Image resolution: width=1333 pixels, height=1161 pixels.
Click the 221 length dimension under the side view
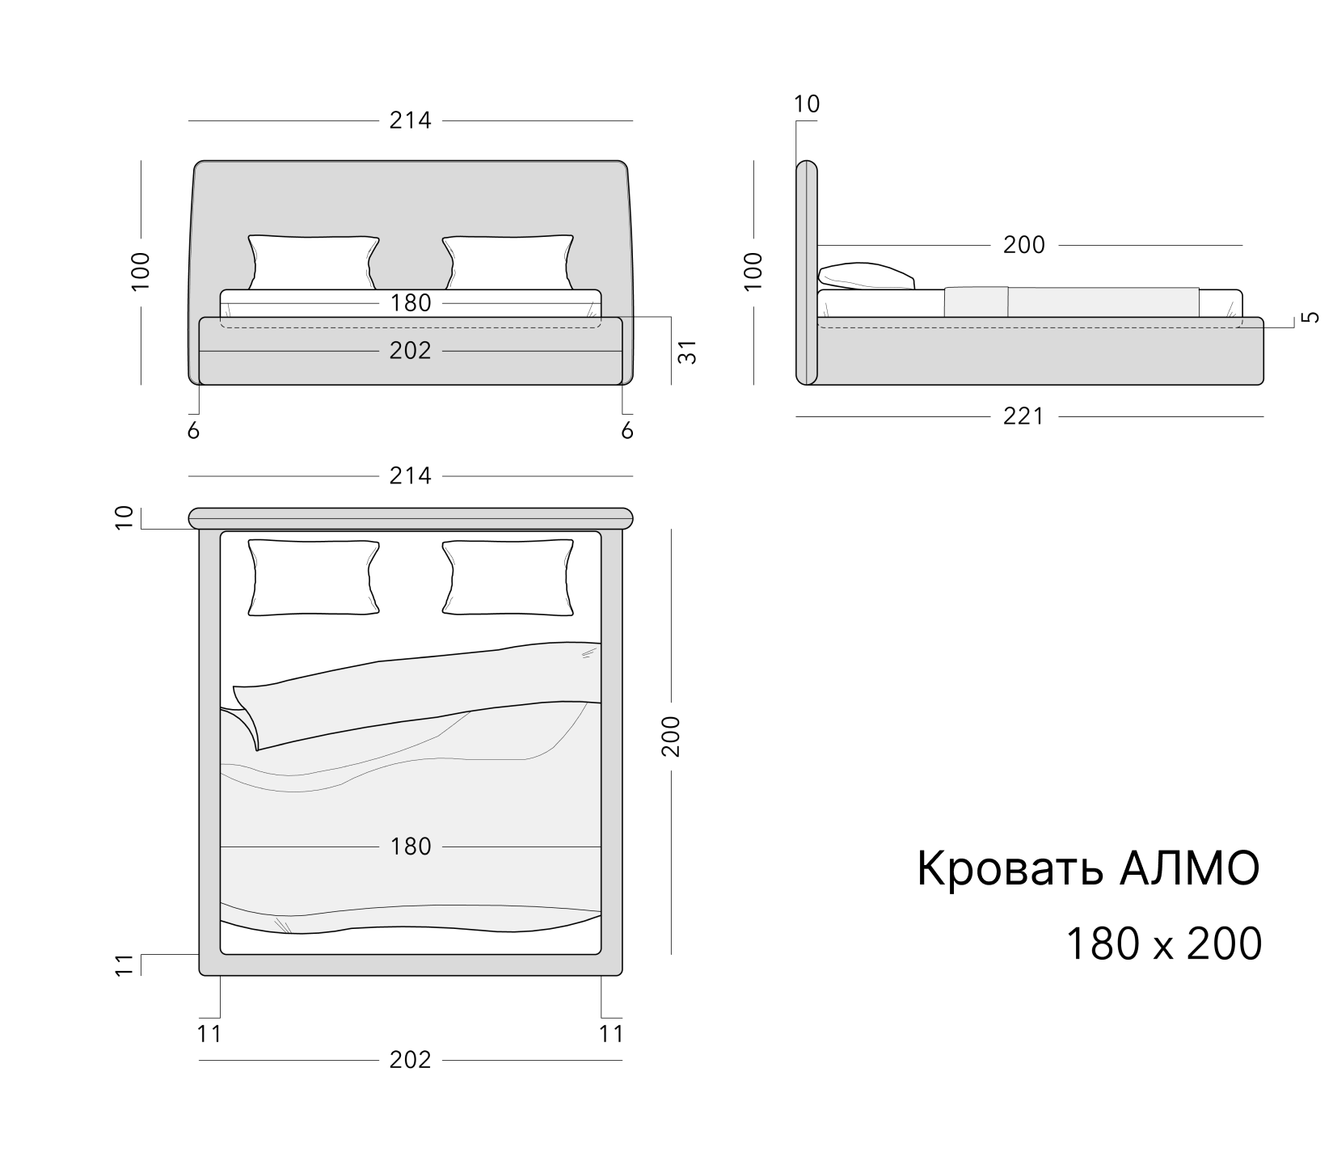coord(1023,416)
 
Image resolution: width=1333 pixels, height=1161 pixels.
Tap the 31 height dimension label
coord(686,351)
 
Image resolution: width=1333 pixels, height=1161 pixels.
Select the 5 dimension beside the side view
coord(1311,317)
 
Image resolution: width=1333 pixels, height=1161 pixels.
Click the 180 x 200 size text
coord(1164,944)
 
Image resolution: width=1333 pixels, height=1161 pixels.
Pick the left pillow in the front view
coord(314,262)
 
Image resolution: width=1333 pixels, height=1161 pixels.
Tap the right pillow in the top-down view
coord(508,577)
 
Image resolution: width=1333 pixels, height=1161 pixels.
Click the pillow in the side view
coord(866,276)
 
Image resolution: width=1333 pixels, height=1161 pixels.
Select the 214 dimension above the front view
coord(411,120)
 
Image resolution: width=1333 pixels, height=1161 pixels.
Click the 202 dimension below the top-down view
coord(411,1059)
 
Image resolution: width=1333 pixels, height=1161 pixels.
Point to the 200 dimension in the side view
coord(1024,245)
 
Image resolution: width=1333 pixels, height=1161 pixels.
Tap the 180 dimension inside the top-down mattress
coord(411,846)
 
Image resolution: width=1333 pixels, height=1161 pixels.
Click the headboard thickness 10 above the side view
coord(807,104)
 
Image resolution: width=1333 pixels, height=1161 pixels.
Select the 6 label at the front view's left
coord(193,431)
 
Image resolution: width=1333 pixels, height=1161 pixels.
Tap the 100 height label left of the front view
coord(141,272)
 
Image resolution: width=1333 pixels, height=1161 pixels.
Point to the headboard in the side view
coord(807,272)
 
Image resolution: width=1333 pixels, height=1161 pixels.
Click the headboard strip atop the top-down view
coord(411,517)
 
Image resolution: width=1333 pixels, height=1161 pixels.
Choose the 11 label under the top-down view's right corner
coord(612,1034)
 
